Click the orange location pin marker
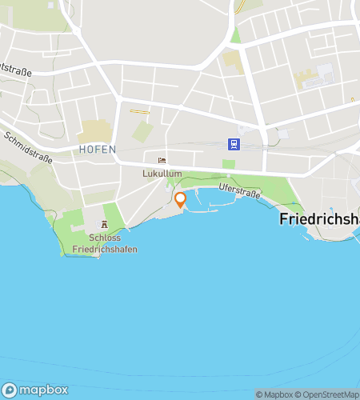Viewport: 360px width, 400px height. click(180, 199)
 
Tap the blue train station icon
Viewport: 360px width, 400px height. click(234, 145)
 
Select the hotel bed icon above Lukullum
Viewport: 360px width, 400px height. click(162, 160)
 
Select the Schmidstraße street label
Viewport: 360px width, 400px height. click(28, 148)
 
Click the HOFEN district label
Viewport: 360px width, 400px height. click(98, 150)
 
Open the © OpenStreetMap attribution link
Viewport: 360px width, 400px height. click(326, 394)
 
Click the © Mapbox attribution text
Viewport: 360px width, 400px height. click(274, 394)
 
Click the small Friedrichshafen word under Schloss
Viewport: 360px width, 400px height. click(104, 250)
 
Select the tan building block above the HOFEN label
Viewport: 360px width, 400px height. click(94, 130)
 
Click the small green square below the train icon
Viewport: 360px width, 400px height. click(229, 164)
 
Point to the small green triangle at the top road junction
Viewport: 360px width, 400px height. click(234, 35)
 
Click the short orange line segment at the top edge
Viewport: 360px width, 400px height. click(240, 7)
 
